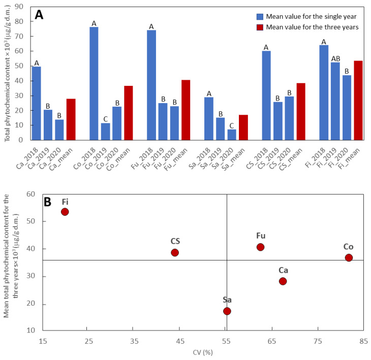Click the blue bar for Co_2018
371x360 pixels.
pos(94,83)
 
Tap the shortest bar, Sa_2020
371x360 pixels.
pos(231,135)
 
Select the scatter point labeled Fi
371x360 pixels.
pos(65,212)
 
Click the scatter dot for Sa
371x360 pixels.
pos(227,311)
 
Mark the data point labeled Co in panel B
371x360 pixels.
pos(349,257)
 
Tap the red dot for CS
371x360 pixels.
pos(175,252)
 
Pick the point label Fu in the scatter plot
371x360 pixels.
pos(261,236)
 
